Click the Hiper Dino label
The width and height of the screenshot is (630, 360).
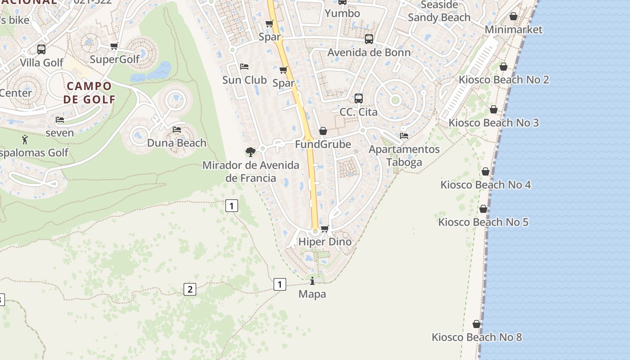(x=325, y=242)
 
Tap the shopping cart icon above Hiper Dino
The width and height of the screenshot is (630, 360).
(x=325, y=229)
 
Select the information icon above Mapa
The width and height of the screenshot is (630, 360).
(x=312, y=281)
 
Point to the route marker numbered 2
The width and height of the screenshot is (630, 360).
(x=190, y=289)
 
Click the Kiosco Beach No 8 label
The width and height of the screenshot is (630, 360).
(x=477, y=337)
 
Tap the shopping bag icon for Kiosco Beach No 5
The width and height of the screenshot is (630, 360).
(x=483, y=209)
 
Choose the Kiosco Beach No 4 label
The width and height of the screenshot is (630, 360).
(x=486, y=184)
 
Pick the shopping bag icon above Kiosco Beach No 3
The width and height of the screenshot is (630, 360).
(x=494, y=109)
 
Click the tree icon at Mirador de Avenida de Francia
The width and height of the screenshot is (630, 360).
(x=250, y=152)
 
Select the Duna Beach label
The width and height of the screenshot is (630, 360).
(x=177, y=143)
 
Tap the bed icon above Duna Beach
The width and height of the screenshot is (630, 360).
(x=177, y=130)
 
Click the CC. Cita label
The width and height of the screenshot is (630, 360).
(x=358, y=112)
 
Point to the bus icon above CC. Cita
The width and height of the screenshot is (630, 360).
(x=359, y=98)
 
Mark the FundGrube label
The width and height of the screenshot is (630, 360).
(x=323, y=144)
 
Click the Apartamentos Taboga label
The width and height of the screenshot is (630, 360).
(x=404, y=156)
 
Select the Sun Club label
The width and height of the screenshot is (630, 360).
(x=244, y=80)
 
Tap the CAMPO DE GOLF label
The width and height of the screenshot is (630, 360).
(x=89, y=93)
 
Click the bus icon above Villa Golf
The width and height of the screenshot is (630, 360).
(x=41, y=49)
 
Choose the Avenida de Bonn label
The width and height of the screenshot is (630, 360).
(x=369, y=53)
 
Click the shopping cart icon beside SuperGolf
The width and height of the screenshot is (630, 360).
(x=114, y=46)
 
